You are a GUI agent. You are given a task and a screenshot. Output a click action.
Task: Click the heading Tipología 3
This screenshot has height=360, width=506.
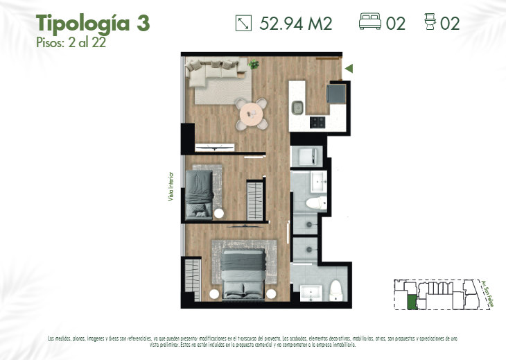click(x=92, y=23)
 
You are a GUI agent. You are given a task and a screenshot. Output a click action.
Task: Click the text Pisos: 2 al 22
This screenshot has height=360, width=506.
click(x=71, y=42)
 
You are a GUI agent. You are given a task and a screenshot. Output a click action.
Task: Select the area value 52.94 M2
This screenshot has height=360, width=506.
click(x=296, y=24)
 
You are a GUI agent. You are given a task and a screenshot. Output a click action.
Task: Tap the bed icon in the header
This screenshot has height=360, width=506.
click(x=370, y=23)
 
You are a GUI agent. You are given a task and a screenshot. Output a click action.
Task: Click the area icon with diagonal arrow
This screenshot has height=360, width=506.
click(x=243, y=23)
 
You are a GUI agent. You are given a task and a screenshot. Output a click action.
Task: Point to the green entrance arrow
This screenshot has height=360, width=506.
click(x=349, y=68)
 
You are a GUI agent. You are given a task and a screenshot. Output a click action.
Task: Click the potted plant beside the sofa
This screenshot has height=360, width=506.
click(x=254, y=65)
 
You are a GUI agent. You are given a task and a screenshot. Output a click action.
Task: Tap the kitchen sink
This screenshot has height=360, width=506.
click(x=297, y=108)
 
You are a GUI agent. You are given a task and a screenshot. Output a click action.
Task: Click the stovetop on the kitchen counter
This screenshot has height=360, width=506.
click(x=317, y=122)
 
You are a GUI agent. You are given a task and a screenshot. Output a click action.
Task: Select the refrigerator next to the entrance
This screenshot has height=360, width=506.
click(x=336, y=93)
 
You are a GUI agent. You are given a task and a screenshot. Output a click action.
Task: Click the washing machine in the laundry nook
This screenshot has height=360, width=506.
click(x=306, y=156)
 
